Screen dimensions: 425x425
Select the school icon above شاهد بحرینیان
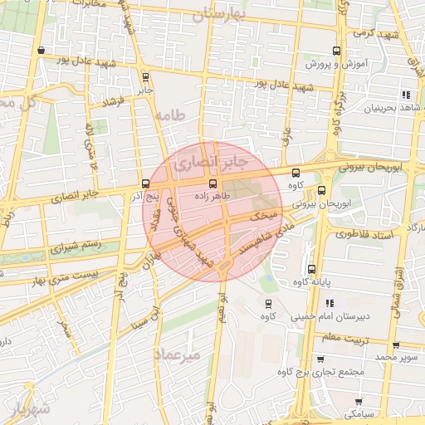click(405, 95)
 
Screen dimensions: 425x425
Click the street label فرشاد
click(111, 102)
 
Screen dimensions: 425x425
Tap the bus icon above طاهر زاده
click(212, 183)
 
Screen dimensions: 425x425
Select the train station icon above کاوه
click(267, 303)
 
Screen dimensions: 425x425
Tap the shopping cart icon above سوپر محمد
click(396, 344)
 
